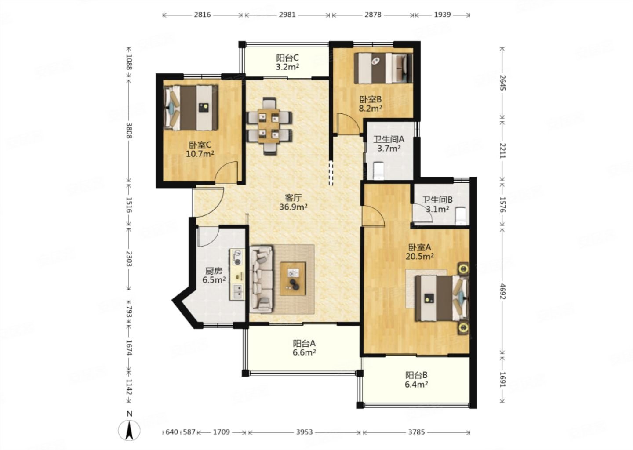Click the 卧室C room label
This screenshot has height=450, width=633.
[x=200, y=145]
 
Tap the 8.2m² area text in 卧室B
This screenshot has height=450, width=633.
[x=371, y=108]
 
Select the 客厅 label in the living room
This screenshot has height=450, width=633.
[x=293, y=197]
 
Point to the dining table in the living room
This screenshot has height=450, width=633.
[x=269, y=126]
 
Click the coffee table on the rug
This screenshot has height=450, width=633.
[x=293, y=279]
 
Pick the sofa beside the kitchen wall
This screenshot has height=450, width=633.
[x=262, y=279]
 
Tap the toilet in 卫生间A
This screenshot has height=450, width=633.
[x=378, y=171]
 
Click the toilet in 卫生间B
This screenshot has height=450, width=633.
[x=461, y=216]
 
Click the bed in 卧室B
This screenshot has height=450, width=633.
[x=383, y=68]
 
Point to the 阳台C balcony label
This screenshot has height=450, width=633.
[x=287, y=58]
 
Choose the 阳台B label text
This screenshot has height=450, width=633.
[x=417, y=375]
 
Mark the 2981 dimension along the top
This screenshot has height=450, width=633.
[x=287, y=15]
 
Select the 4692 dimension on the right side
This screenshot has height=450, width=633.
[x=502, y=291]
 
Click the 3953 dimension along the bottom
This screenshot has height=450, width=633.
[x=305, y=432]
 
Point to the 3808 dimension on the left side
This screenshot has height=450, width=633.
[x=129, y=131]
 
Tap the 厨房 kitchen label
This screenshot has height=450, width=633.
[x=214, y=271]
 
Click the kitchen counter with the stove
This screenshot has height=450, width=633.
[x=237, y=275]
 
